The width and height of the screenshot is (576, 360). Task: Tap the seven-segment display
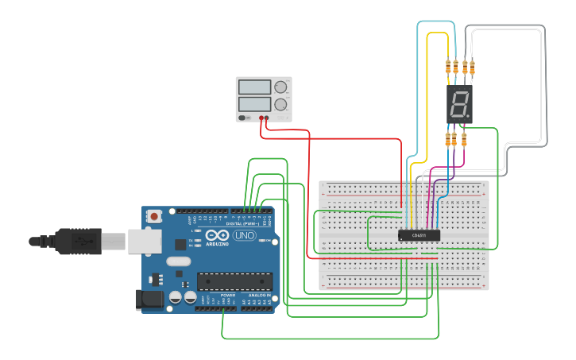[459, 104]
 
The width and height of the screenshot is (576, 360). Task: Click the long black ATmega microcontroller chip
[234, 281]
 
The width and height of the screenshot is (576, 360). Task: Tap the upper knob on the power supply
[280, 87]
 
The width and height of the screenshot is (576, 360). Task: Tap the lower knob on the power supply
[280, 104]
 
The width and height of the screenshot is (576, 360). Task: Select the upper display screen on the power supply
[254, 87]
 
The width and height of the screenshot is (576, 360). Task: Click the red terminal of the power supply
[261, 118]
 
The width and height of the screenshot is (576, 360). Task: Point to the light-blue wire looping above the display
[435, 22]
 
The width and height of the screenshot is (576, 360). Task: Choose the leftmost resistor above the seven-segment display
[449, 67]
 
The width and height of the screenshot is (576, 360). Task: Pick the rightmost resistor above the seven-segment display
[473, 67]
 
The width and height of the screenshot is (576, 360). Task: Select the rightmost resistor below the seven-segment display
[465, 140]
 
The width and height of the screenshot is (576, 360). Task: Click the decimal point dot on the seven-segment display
[468, 117]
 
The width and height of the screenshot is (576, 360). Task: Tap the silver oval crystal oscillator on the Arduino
[179, 261]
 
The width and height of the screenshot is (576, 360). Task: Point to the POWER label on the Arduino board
[228, 295]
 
